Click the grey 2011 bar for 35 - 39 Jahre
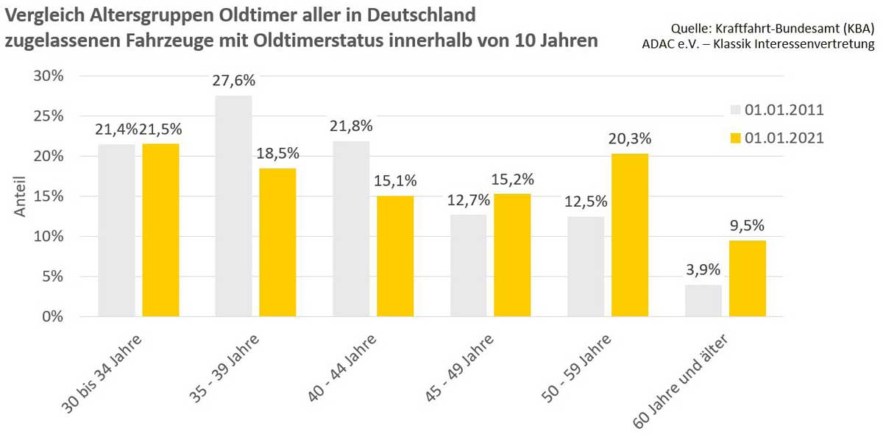click(233, 206)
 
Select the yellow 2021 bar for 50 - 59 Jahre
click(629, 235)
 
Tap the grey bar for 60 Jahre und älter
click(703, 301)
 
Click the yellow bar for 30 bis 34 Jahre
click(160, 230)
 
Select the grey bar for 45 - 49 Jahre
click(468, 266)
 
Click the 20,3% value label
click(630, 139)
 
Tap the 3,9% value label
click(703, 270)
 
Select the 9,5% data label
click(747, 226)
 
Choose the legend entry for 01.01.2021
click(776, 138)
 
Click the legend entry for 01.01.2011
click(776, 110)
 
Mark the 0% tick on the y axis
click(54, 317)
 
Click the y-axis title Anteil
click(21, 196)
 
